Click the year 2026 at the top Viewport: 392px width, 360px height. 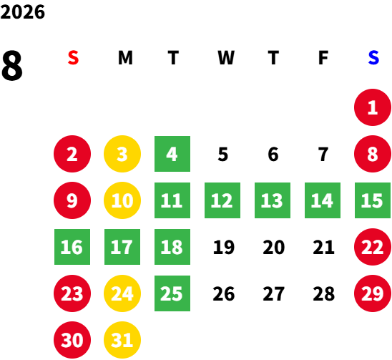(22, 12)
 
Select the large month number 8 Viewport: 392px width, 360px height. (12, 65)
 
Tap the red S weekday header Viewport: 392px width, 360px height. (73, 58)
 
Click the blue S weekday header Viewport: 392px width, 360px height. (373, 58)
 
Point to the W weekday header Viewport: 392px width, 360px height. (226, 58)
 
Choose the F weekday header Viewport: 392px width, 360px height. (323, 58)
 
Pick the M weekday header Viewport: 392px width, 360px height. (125, 58)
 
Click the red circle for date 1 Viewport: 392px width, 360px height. (373, 107)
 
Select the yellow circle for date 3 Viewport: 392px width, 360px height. (122, 154)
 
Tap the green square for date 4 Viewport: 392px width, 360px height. (172, 154)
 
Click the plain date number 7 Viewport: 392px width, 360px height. (323, 155)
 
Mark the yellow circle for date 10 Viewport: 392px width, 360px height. (122, 200)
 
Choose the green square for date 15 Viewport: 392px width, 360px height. (373, 200)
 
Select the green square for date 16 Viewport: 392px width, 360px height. (72, 247)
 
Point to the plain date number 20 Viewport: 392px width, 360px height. (274, 248)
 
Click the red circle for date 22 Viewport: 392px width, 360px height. (373, 247)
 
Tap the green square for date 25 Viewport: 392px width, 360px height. (172, 293)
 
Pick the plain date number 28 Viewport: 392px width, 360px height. (324, 294)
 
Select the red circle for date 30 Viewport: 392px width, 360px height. (72, 340)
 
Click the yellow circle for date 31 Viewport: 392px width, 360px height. (122, 340)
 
